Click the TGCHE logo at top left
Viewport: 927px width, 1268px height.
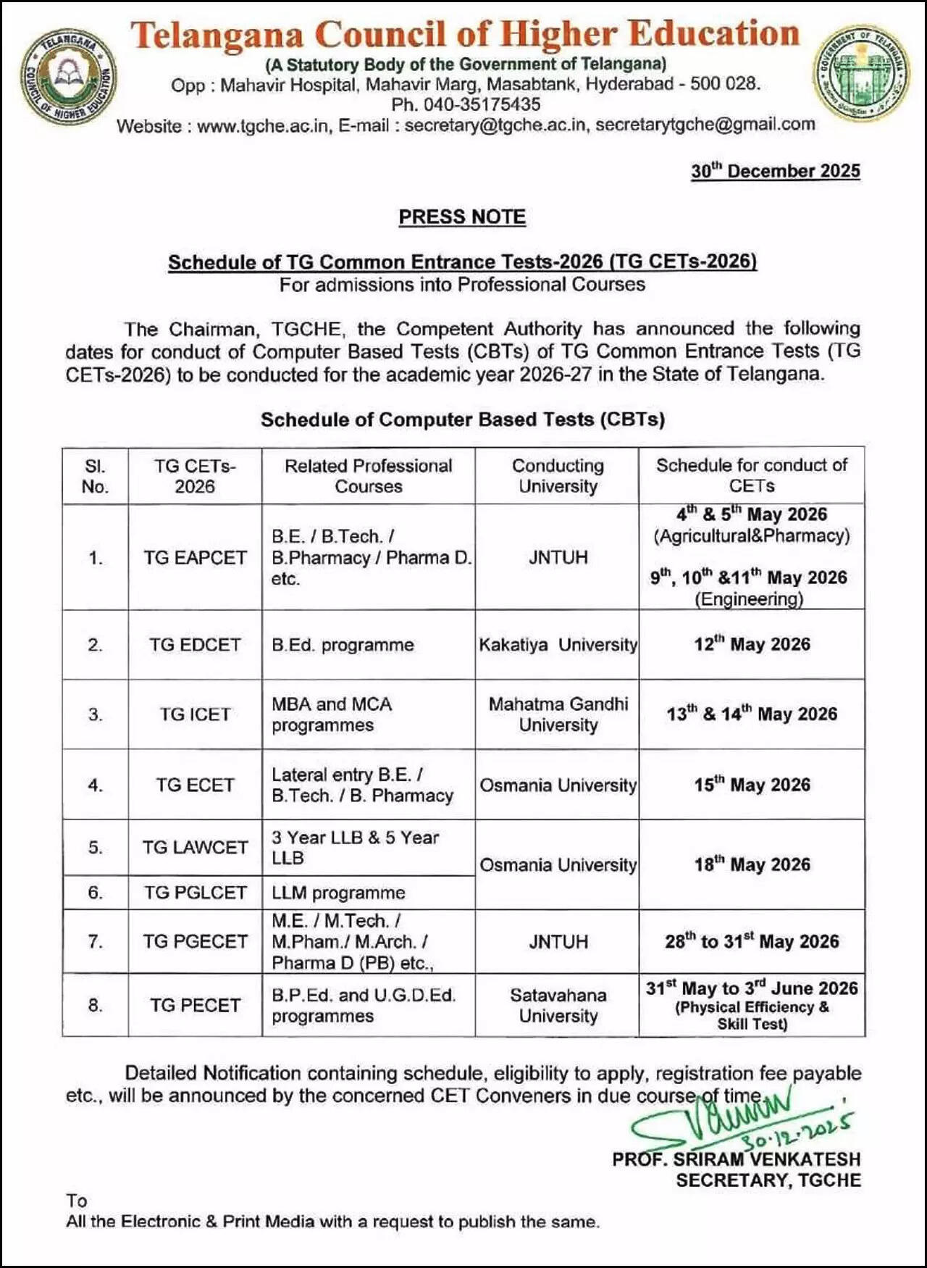[67, 75]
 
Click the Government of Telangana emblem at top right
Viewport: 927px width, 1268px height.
[860, 72]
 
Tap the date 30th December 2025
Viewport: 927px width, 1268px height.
[775, 171]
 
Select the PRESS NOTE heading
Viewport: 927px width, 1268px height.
[462, 217]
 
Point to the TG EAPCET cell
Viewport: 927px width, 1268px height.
[195, 557]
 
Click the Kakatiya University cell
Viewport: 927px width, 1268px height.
[558, 644]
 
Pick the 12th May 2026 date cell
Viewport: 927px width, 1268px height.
[752, 644]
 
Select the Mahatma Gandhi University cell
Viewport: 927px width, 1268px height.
[558, 714]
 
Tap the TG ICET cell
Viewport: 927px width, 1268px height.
[195, 714]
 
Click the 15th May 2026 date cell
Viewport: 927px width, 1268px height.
[752, 785]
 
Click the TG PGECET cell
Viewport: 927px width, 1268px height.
[195, 941]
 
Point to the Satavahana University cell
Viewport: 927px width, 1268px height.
[558, 1005]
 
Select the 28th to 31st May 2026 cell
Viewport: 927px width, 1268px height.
[752, 941]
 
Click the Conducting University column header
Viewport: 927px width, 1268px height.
[558, 475]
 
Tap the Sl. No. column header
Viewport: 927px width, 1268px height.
[95, 475]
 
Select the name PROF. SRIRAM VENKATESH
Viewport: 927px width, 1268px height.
[736, 1159]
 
